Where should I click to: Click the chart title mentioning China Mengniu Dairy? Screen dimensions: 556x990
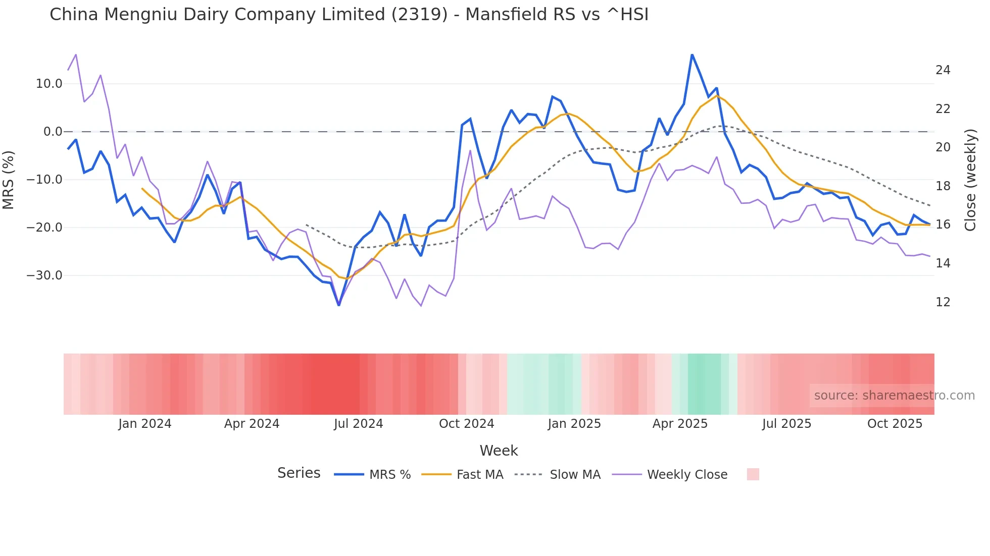point(349,15)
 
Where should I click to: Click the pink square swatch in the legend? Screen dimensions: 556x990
point(753,474)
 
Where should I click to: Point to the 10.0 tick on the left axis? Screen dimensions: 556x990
point(49,84)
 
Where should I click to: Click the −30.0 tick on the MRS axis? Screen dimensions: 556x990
point(44,275)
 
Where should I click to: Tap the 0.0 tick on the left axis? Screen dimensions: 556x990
point(53,132)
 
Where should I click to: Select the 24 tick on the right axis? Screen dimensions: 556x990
point(943,70)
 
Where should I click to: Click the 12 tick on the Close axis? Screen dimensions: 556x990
point(943,302)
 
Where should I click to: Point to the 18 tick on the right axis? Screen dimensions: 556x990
point(943,186)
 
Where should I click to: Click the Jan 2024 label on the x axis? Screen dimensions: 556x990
point(145,424)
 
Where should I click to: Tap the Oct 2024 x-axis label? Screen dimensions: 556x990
point(466,424)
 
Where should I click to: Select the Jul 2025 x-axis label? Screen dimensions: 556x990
point(786,424)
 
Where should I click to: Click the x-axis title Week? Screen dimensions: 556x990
point(499,451)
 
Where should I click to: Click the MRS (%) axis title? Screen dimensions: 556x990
point(9,180)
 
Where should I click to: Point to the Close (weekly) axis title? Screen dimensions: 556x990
point(970,180)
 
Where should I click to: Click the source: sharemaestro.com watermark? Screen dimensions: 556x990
point(894,396)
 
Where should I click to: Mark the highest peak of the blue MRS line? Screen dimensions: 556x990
point(692,54)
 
